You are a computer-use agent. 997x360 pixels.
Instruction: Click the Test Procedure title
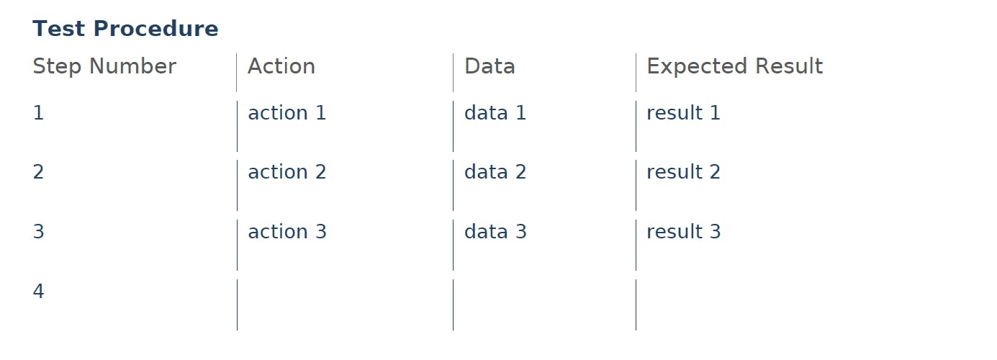tap(125, 29)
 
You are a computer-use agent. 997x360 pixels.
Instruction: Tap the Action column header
tap(281, 66)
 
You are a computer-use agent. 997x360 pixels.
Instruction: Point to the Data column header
tap(490, 66)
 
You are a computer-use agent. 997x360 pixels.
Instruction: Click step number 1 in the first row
tap(38, 112)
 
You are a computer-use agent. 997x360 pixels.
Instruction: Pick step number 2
tap(38, 172)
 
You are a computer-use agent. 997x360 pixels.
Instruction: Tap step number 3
tap(38, 231)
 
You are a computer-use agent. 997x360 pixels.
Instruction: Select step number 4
tap(38, 291)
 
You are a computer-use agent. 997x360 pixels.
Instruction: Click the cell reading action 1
tap(287, 112)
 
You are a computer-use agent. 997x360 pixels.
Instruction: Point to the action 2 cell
tap(287, 172)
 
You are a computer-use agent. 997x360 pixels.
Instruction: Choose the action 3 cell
tap(287, 231)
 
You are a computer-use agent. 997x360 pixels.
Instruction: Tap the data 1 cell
tap(495, 112)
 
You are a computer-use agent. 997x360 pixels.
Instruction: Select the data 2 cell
tap(495, 172)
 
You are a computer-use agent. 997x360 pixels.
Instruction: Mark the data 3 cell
tap(495, 231)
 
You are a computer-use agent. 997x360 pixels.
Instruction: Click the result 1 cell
tap(684, 112)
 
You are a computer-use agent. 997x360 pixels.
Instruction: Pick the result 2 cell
tap(684, 172)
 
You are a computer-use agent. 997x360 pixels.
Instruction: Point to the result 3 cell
tap(684, 231)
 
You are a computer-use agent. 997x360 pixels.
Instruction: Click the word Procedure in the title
tap(155, 29)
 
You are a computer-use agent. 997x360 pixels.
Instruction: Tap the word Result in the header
tap(789, 66)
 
